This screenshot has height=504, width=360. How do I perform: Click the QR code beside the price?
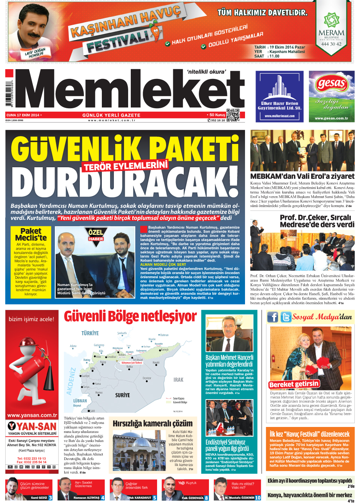[233, 115]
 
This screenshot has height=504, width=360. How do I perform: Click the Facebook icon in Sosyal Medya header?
[273, 317]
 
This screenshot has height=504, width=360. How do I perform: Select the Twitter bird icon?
[286, 317]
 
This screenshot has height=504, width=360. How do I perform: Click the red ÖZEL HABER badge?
[96, 235]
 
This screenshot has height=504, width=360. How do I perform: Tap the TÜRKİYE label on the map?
[90, 333]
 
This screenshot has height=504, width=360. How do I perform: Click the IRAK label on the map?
[178, 380]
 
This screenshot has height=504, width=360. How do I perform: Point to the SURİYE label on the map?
[123, 395]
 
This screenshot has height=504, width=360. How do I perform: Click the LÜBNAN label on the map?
[80, 401]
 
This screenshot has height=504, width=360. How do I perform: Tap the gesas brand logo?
[331, 83]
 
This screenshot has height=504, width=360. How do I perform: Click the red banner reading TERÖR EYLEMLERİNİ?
[126, 165]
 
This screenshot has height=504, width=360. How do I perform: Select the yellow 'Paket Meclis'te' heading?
[31, 234]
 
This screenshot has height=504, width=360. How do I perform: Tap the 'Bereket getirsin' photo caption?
[294, 384]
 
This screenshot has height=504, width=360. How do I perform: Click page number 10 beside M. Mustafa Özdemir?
[258, 498]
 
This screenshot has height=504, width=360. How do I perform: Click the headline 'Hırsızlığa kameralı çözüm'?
[153, 423]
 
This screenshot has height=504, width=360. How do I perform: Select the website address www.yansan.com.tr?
[32, 415]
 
